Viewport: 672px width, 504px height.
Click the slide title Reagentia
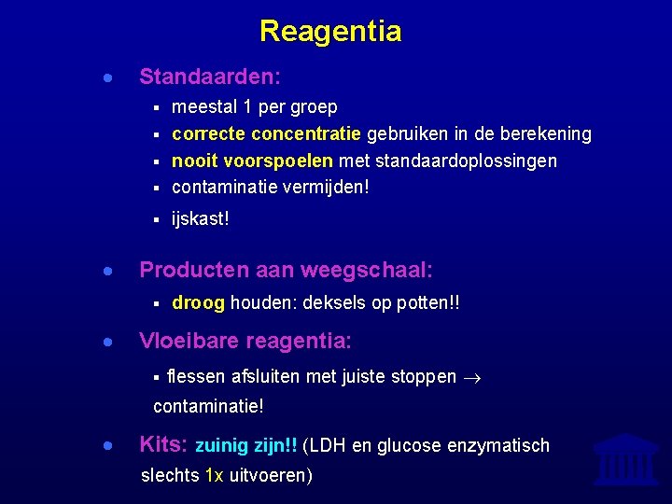pos(330,32)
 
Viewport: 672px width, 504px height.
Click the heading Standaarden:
pos(210,76)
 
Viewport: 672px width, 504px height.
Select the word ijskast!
pos(201,219)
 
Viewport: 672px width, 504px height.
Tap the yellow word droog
pos(198,303)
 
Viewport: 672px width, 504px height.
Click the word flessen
pos(196,377)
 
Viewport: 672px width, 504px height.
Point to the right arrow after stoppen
pos(471,378)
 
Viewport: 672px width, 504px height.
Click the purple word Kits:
pos(164,444)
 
